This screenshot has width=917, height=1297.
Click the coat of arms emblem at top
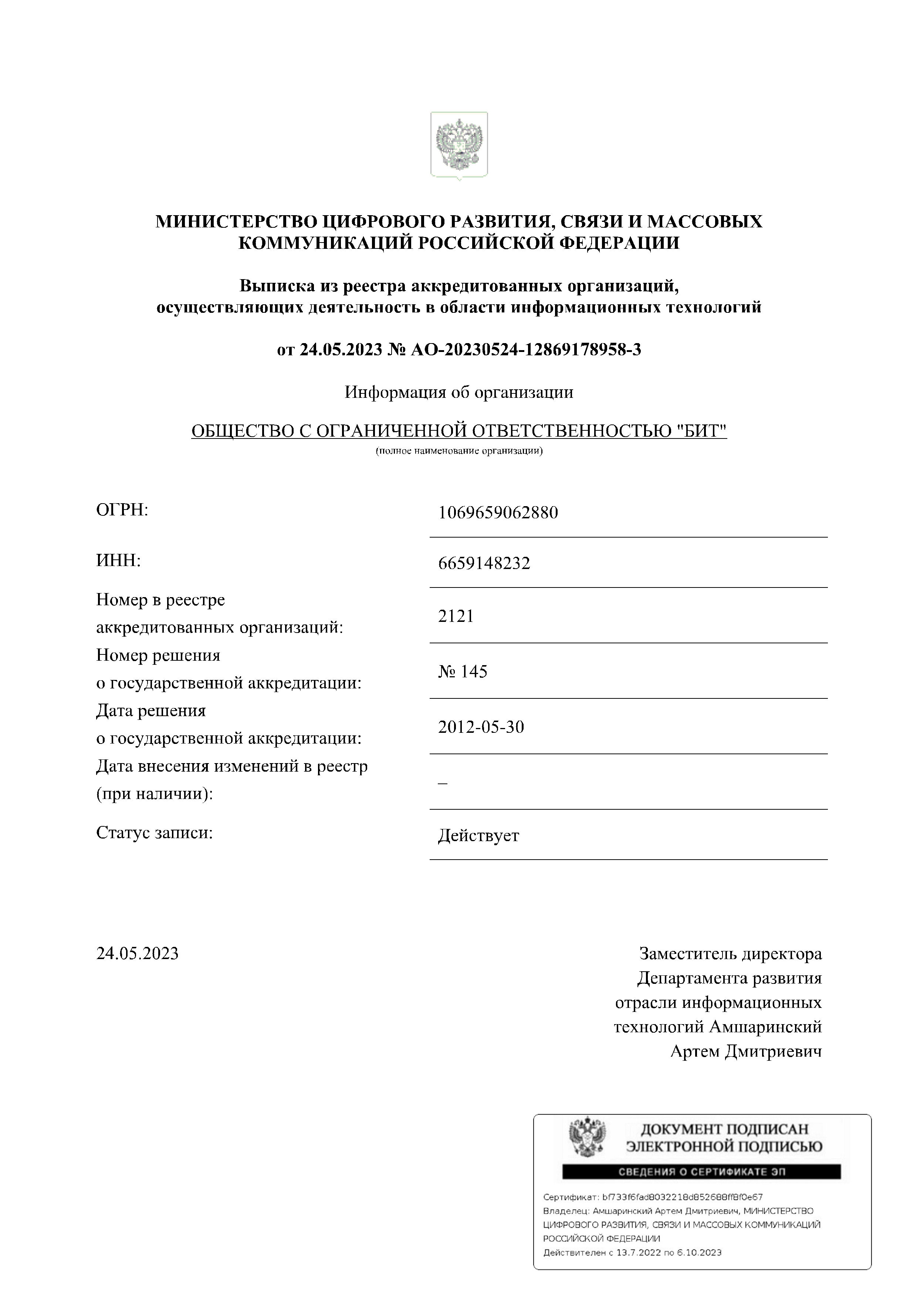click(459, 145)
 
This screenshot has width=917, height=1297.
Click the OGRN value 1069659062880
click(498, 512)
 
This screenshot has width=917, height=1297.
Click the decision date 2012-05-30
click(481, 727)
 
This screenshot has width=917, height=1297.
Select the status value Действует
click(478, 836)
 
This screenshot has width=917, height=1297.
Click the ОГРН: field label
click(122, 510)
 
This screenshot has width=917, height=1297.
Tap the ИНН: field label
click(118, 561)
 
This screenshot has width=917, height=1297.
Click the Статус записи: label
click(154, 833)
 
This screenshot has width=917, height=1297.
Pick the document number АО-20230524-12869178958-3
click(525, 350)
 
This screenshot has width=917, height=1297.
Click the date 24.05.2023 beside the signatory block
click(137, 954)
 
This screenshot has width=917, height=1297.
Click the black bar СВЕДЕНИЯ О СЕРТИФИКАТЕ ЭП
click(701, 1172)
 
